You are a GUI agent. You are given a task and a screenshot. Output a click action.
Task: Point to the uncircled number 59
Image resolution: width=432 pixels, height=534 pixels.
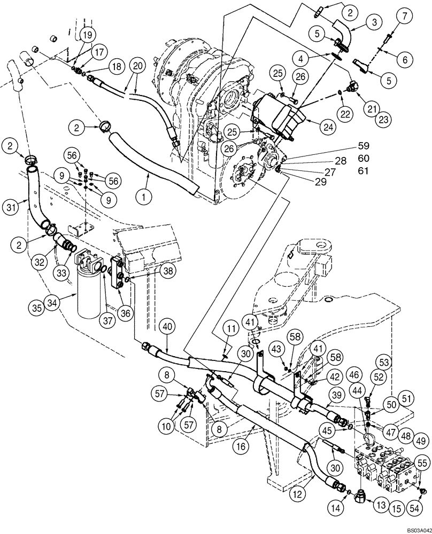pos(364,145)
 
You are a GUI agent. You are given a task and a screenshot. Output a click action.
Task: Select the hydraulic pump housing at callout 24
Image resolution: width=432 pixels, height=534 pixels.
pos(279,117)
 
